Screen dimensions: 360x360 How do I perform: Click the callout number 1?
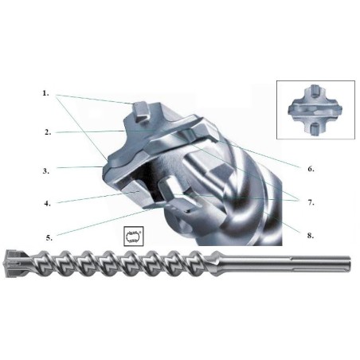(x=46, y=93)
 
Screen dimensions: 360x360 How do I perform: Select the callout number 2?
(x=48, y=132)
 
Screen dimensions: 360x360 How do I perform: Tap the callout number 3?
(x=46, y=171)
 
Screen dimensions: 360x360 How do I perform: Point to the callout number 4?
(x=47, y=204)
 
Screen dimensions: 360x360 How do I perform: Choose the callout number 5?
(x=49, y=237)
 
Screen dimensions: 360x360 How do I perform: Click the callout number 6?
(x=311, y=169)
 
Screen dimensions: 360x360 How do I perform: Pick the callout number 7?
(x=311, y=202)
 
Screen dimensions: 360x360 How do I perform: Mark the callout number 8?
(x=311, y=236)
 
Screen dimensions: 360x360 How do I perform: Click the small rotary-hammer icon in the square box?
(x=134, y=236)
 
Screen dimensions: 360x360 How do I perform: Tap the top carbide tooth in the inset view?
(x=315, y=91)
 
